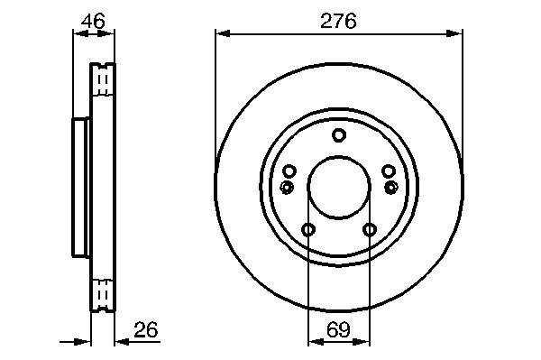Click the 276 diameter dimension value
coord(338,21)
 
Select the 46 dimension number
coord(93,21)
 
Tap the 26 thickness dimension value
coord(145,329)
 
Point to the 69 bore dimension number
coord(338,329)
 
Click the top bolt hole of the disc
coord(339,135)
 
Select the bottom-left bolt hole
coord(308,229)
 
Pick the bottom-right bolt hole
coord(370,229)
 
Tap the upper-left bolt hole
coord(289,171)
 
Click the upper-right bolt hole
coord(389,171)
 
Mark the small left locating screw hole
coord(287,188)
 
